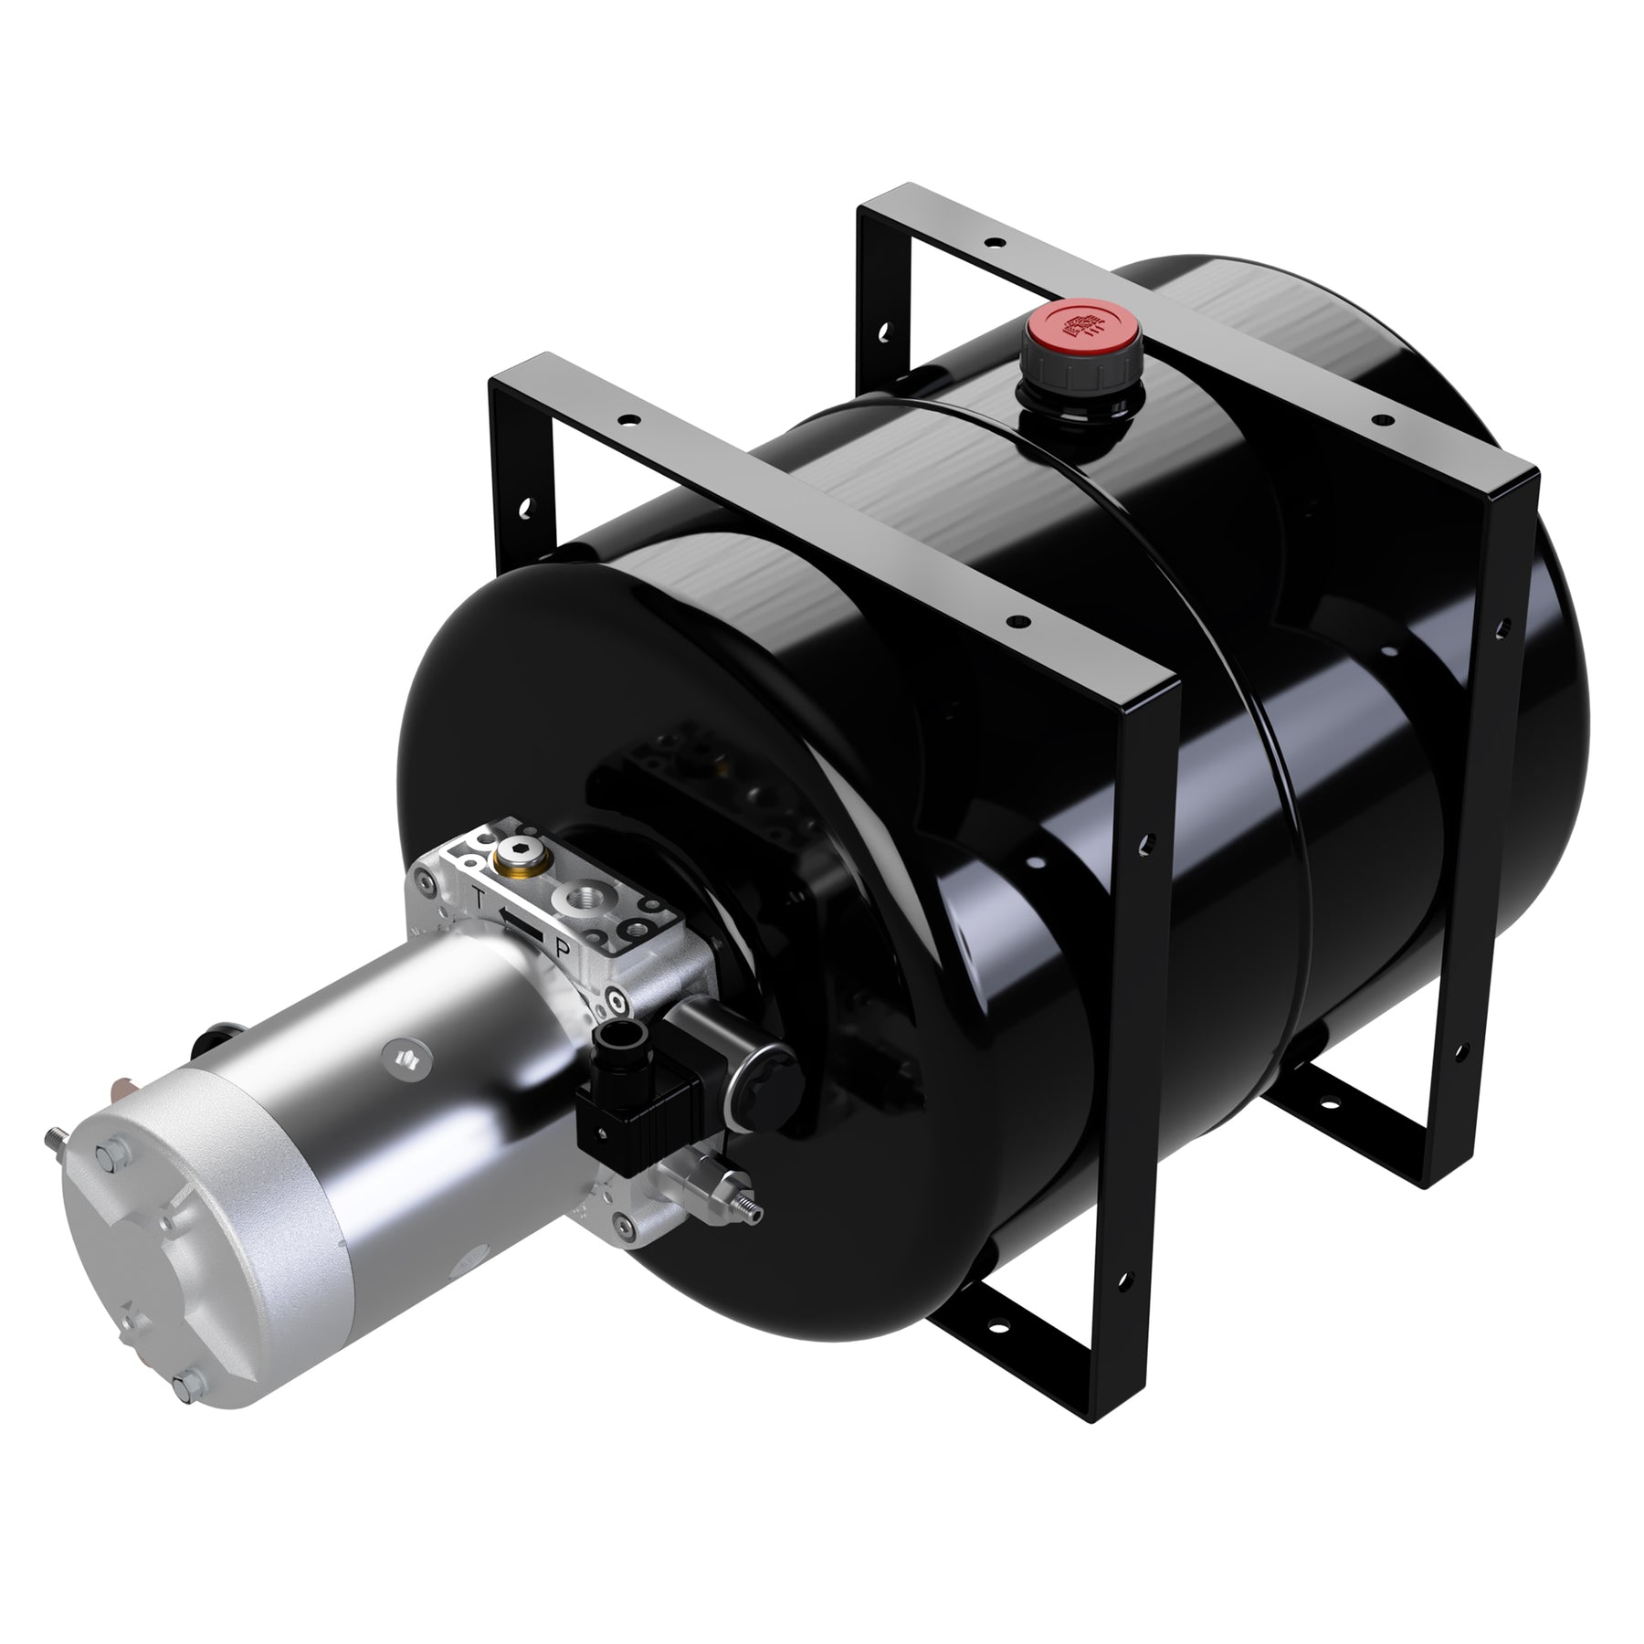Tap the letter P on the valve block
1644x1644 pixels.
coord(564,950)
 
